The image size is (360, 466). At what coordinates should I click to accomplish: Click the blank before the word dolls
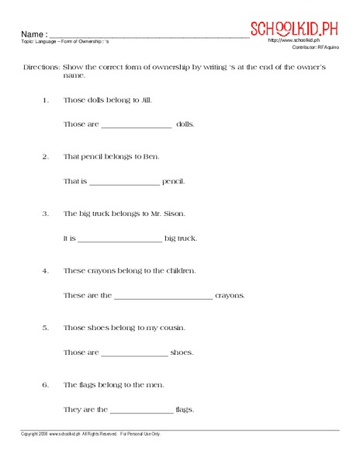[136, 125]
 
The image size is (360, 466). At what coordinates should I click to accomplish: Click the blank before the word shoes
[134, 353]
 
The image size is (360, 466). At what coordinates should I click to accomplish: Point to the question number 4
[46, 271]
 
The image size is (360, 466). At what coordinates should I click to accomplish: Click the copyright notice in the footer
[90, 434]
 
